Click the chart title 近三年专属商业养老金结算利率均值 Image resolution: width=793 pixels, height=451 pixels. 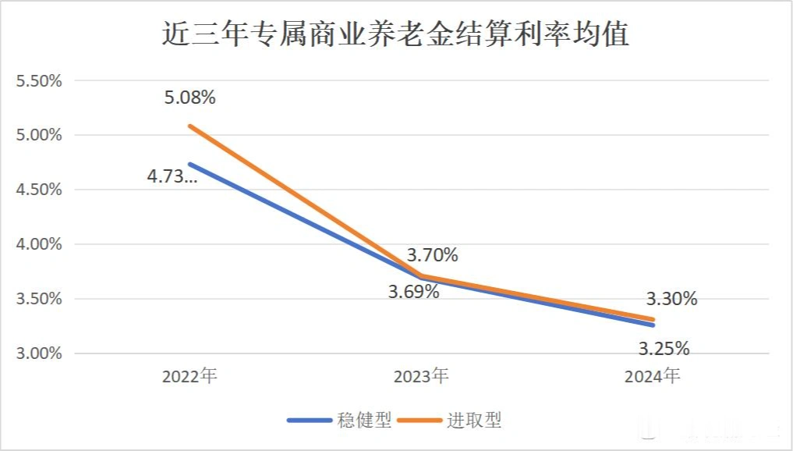(395, 35)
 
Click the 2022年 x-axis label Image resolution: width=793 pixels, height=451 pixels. (189, 376)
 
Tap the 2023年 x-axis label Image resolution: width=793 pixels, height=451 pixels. (421, 376)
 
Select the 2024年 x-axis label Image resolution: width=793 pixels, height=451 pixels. (653, 376)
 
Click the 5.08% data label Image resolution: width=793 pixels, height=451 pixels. (189, 98)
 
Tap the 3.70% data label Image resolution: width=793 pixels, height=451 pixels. (432, 255)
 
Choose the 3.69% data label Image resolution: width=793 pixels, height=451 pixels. (413, 293)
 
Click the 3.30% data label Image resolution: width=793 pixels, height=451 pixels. (671, 298)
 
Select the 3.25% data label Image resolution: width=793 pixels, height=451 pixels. (664, 348)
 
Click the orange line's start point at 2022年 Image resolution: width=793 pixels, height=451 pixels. (189, 126)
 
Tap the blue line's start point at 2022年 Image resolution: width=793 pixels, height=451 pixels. (189, 164)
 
